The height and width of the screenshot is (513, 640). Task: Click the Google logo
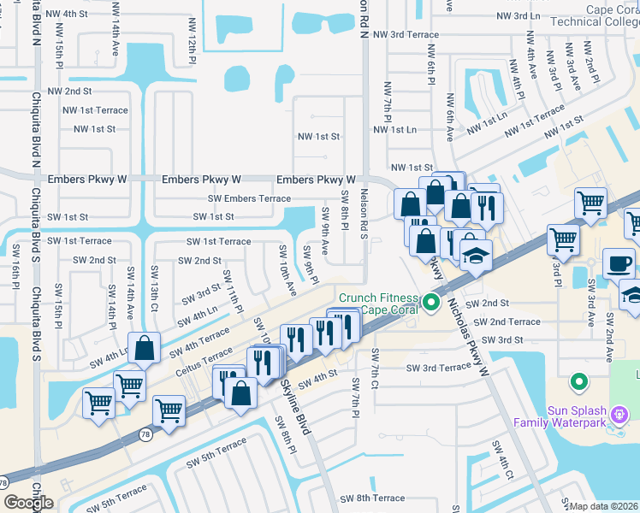(x=27, y=503)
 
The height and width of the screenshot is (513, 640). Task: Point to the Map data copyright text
(x=604, y=506)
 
